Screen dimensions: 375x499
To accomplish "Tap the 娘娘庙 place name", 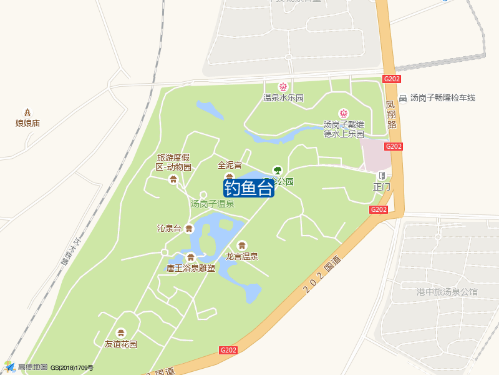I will (27, 123).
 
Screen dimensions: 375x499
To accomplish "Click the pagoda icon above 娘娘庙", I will (27, 111).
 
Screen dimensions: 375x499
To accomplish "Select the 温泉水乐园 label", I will (283, 97).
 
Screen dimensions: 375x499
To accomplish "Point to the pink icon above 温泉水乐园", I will (283, 86).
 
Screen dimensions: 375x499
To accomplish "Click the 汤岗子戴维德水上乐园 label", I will (344, 129).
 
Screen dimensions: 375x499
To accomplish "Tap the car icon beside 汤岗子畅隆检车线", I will (404, 98).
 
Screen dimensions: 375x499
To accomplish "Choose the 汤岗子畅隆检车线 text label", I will (443, 97).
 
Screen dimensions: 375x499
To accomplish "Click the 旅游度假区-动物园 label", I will (173, 162).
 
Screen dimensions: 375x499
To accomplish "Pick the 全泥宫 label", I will (230, 166).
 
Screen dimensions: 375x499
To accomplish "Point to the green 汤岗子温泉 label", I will (212, 204).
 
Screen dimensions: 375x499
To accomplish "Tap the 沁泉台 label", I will (169, 228).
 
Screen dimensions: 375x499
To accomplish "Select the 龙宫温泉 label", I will (242, 256).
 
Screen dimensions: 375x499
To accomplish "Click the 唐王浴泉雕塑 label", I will (190, 269).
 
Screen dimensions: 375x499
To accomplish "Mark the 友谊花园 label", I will (121, 344).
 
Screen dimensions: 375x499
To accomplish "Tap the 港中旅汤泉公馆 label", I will (447, 291).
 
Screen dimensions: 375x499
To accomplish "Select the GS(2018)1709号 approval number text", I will (72, 367).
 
